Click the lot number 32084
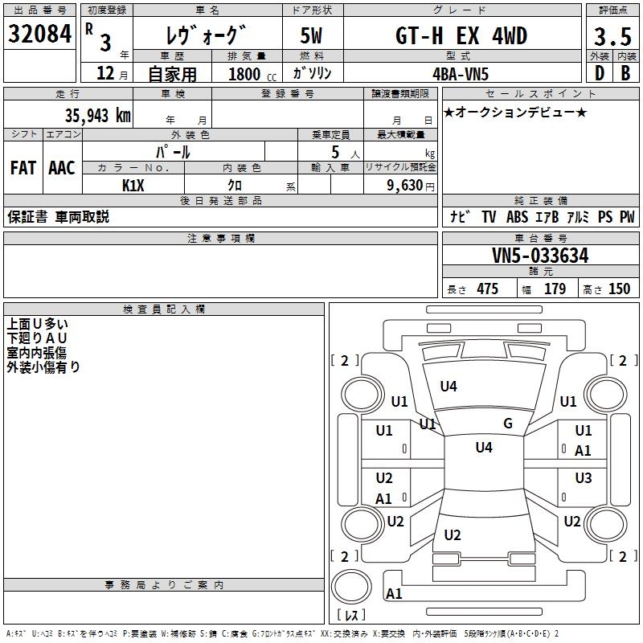click(x=40, y=34)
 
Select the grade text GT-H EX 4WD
click(x=462, y=36)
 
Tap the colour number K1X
click(x=133, y=186)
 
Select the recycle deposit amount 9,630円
click(x=405, y=186)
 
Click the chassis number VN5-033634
click(x=540, y=256)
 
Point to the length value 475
click(x=487, y=289)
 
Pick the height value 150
click(x=619, y=289)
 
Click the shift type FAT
click(x=23, y=168)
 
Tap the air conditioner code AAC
click(x=61, y=168)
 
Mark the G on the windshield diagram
click(x=508, y=424)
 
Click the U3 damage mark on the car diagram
click(x=584, y=478)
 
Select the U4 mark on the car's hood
click(x=448, y=387)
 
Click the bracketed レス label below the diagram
click(x=351, y=615)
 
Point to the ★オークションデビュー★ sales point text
click(x=514, y=112)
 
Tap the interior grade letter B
click(x=625, y=73)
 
